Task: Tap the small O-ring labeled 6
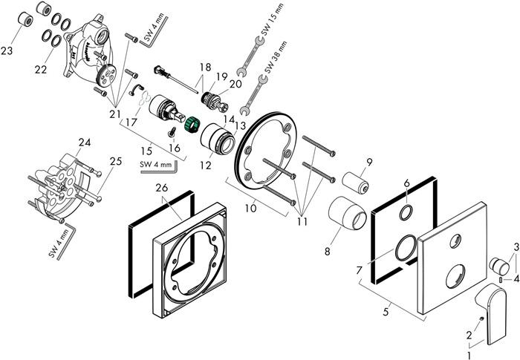click(x=407, y=212)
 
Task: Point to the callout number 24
click(x=85, y=142)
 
